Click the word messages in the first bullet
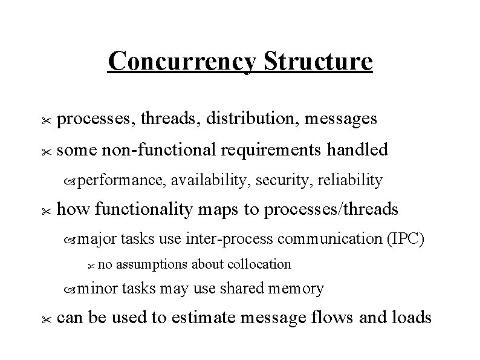(342, 119)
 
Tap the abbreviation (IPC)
(406, 239)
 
